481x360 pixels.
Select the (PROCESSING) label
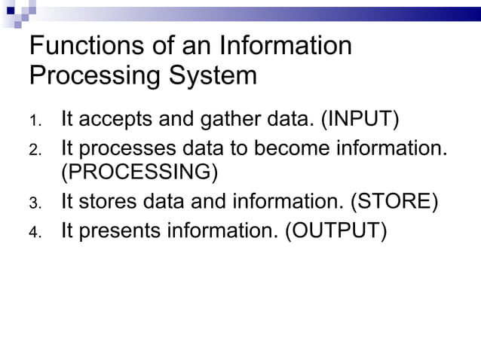(x=139, y=173)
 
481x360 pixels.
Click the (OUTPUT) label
(x=335, y=230)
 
